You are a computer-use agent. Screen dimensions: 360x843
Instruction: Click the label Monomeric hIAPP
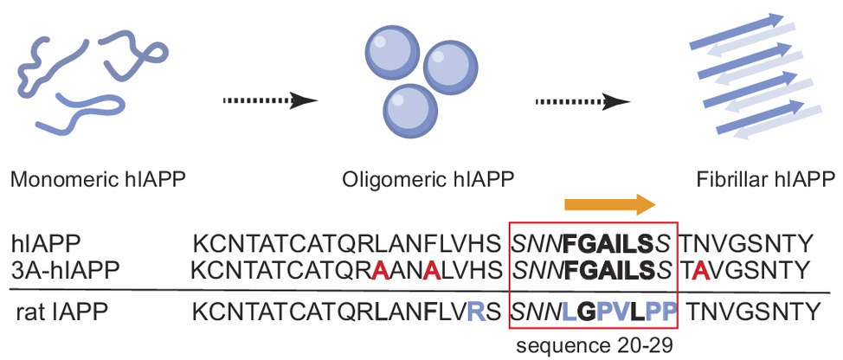tap(98, 181)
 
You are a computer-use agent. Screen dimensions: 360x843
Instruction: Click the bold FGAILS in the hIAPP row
tap(609, 246)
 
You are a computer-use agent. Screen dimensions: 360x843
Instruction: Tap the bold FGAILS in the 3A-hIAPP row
tap(609, 270)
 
